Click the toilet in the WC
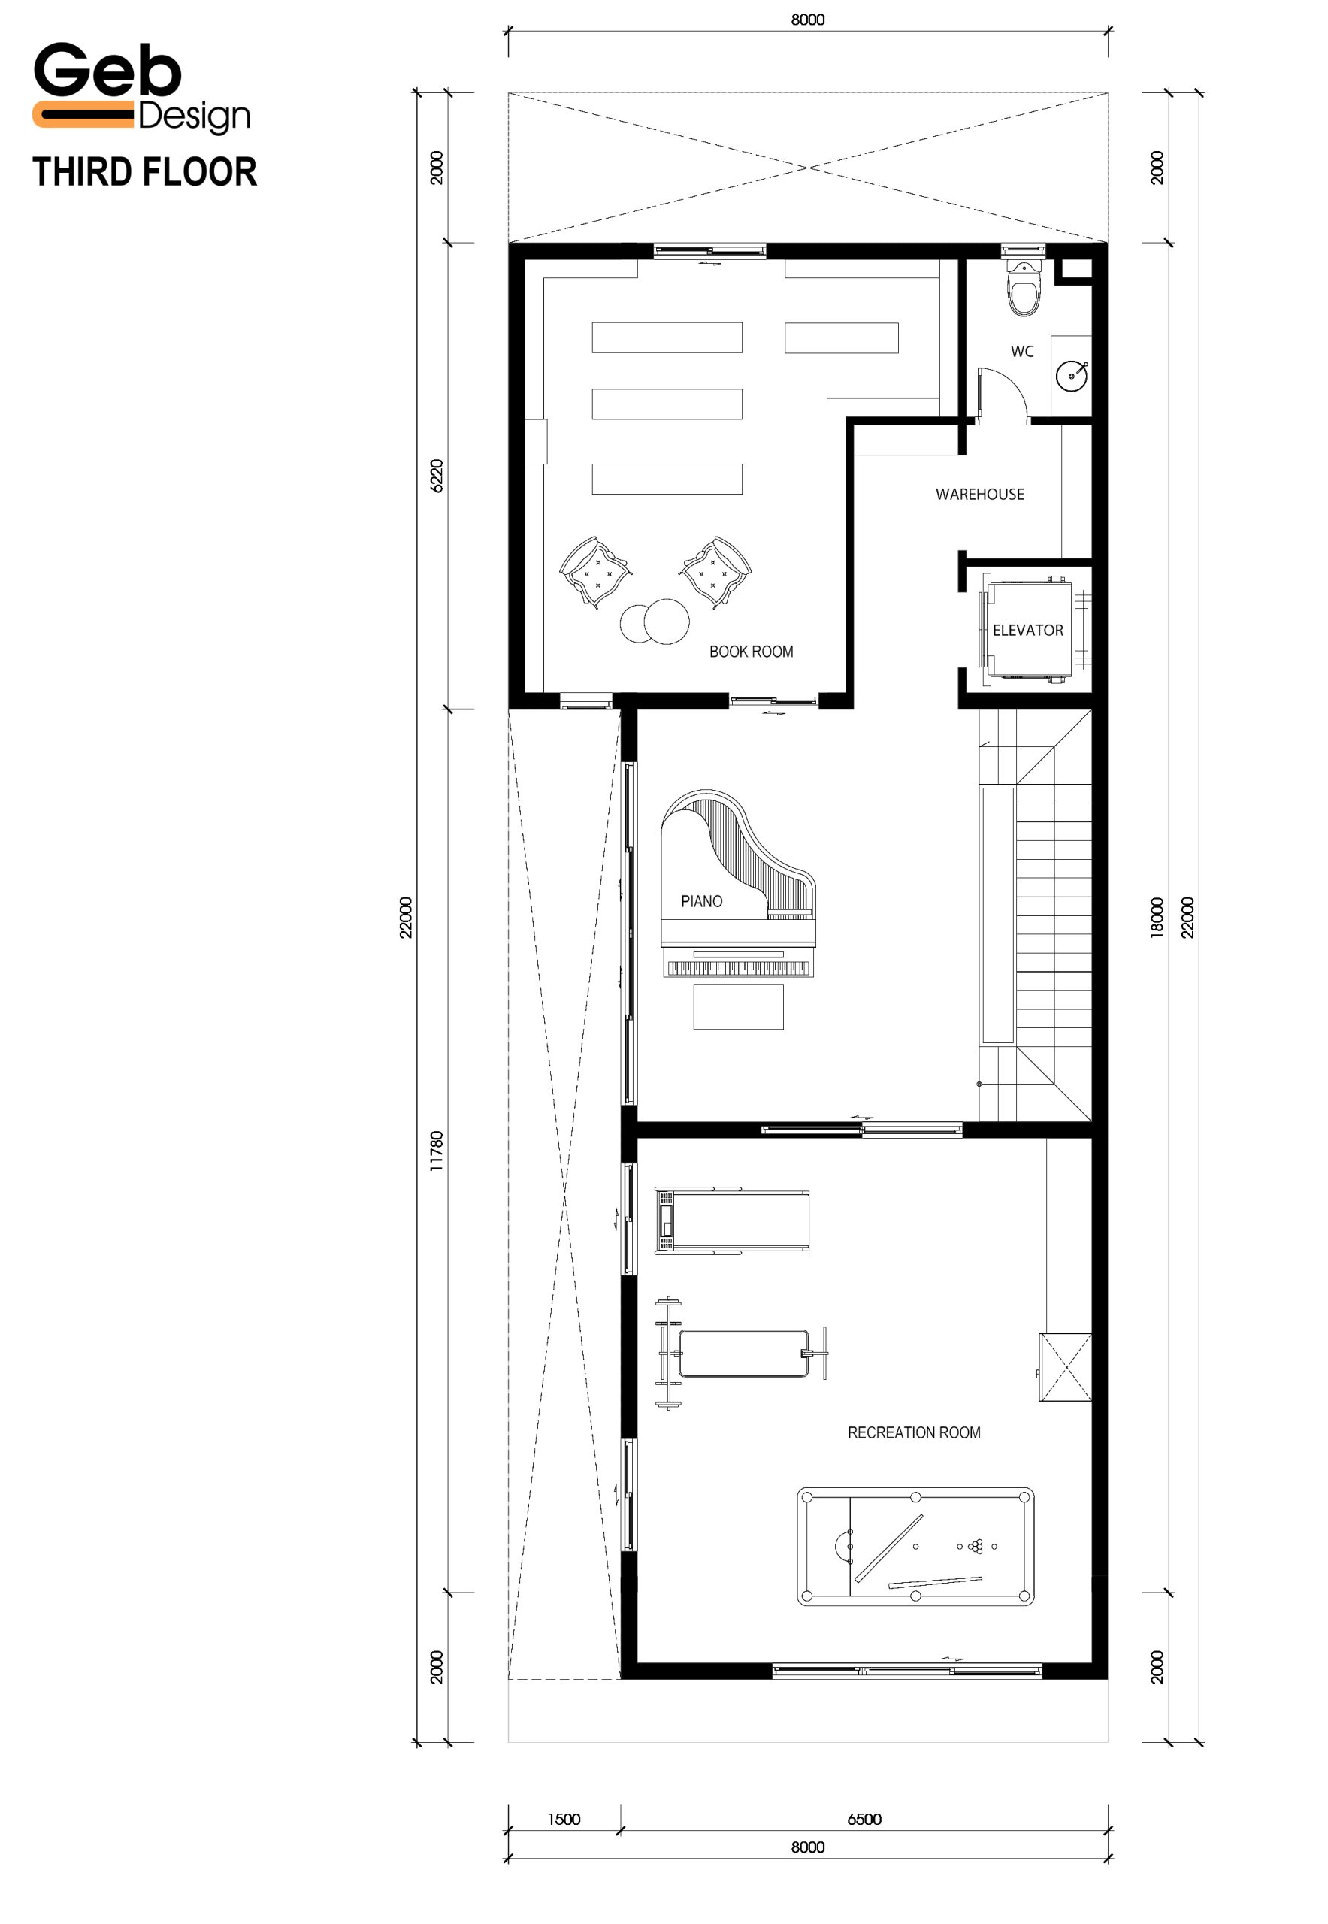point(1024,288)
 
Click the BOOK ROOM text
point(751,652)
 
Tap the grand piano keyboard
point(738,968)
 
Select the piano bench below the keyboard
point(738,1007)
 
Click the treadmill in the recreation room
point(731,1220)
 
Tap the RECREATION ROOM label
point(914,1432)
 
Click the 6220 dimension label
point(437,475)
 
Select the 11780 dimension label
point(437,1151)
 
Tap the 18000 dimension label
point(1157,918)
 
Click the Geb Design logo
point(141,87)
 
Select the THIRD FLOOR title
point(145,172)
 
